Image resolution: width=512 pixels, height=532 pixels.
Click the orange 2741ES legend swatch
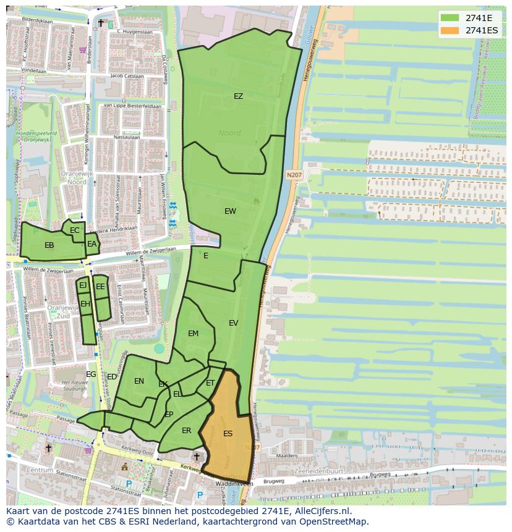click(x=450, y=30)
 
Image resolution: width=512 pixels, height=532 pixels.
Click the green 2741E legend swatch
click(x=450, y=18)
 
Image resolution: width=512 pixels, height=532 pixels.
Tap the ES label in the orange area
click(x=228, y=434)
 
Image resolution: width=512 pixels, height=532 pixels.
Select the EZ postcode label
click(x=238, y=96)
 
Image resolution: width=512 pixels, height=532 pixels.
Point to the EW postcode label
click(x=230, y=211)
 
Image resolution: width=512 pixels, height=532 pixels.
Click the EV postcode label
click(x=233, y=323)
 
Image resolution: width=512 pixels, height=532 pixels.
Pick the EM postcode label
click(x=193, y=334)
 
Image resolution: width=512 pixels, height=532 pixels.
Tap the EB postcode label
click(x=49, y=245)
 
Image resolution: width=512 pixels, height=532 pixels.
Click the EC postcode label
click(x=75, y=230)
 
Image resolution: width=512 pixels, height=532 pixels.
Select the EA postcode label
click(x=92, y=244)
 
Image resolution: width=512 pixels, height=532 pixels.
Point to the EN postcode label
click(x=139, y=381)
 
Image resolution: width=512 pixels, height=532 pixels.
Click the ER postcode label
click(x=186, y=431)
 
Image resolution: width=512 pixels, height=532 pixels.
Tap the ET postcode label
click(x=210, y=384)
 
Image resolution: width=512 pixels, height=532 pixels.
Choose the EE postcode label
click(x=100, y=287)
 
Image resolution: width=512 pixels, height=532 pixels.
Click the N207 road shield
click(x=294, y=175)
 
